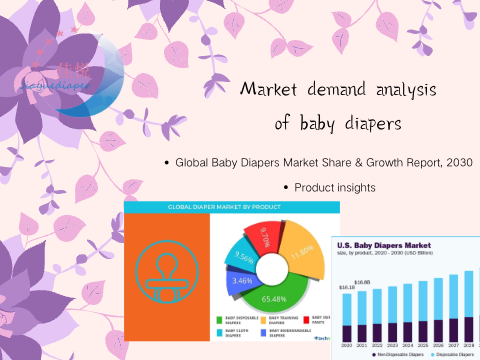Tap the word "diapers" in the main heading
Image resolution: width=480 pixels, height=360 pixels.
[358, 123]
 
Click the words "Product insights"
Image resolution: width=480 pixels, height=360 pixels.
[334, 187]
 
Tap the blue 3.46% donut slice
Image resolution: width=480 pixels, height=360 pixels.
[240, 282]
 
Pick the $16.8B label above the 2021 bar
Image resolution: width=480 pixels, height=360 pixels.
[362, 283]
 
